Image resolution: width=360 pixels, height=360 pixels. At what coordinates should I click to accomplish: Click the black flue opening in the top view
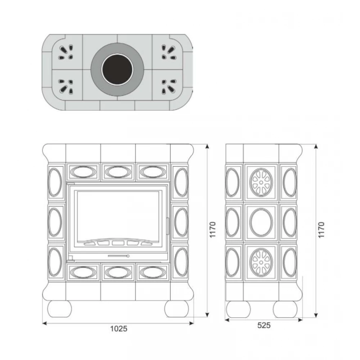(118, 69)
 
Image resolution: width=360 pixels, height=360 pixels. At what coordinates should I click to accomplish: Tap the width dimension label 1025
(119, 329)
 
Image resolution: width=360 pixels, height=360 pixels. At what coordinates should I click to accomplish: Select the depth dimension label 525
(264, 325)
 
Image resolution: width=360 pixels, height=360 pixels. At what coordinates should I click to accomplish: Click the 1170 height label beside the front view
(213, 230)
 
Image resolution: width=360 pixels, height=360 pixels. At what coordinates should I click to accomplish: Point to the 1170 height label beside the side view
(321, 230)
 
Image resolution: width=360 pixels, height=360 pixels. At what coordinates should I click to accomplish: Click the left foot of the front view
(60, 309)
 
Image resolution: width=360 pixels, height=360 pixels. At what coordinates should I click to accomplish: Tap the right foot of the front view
(176, 309)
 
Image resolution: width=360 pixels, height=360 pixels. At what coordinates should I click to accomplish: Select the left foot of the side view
(238, 309)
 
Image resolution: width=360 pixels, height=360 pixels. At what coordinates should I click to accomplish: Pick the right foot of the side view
(285, 309)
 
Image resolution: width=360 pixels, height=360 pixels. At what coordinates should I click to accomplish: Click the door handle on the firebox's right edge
(167, 226)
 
